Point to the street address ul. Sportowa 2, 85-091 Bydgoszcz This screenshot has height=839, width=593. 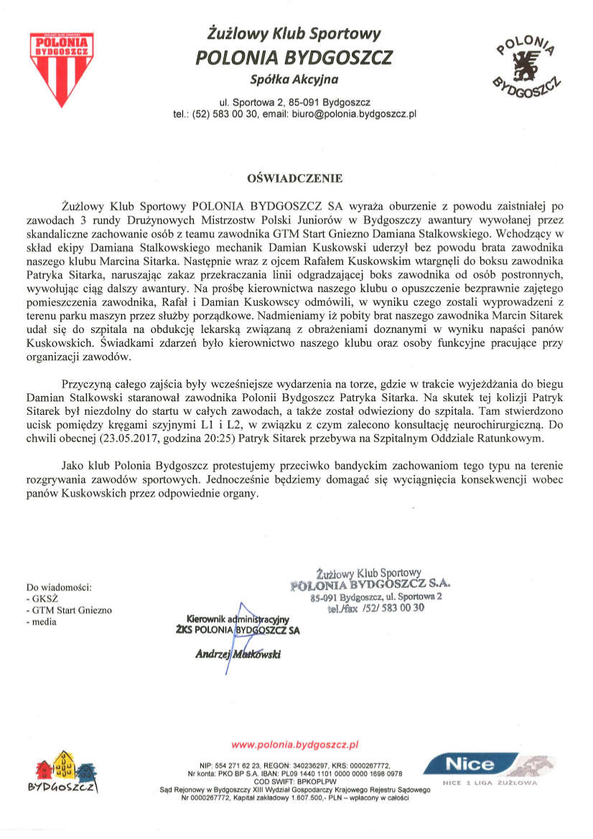(295, 102)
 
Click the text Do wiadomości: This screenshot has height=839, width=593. (59, 586)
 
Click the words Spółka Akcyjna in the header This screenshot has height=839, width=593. (294, 78)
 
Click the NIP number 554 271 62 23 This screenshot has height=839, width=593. (228, 764)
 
